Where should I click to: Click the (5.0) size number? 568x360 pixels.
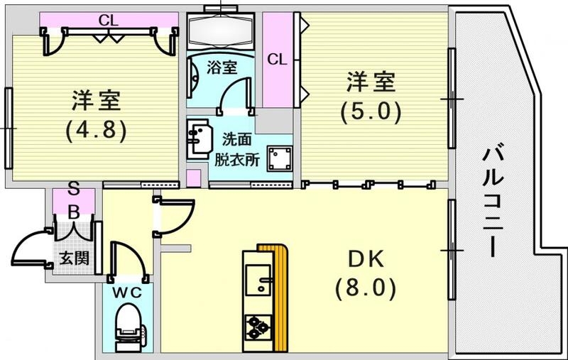click(x=370, y=111)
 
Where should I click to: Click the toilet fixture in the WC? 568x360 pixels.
click(x=128, y=326)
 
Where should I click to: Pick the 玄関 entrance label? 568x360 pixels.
click(x=73, y=258)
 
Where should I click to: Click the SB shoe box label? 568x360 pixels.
click(x=72, y=200)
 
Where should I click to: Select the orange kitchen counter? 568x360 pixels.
click(x=281, y=298)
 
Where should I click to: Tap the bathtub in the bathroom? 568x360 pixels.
click(x=221, y=31)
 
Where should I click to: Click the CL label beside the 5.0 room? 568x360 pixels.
click(x=277, y=60)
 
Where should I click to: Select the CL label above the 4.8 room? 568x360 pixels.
click(x=108, y=20)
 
